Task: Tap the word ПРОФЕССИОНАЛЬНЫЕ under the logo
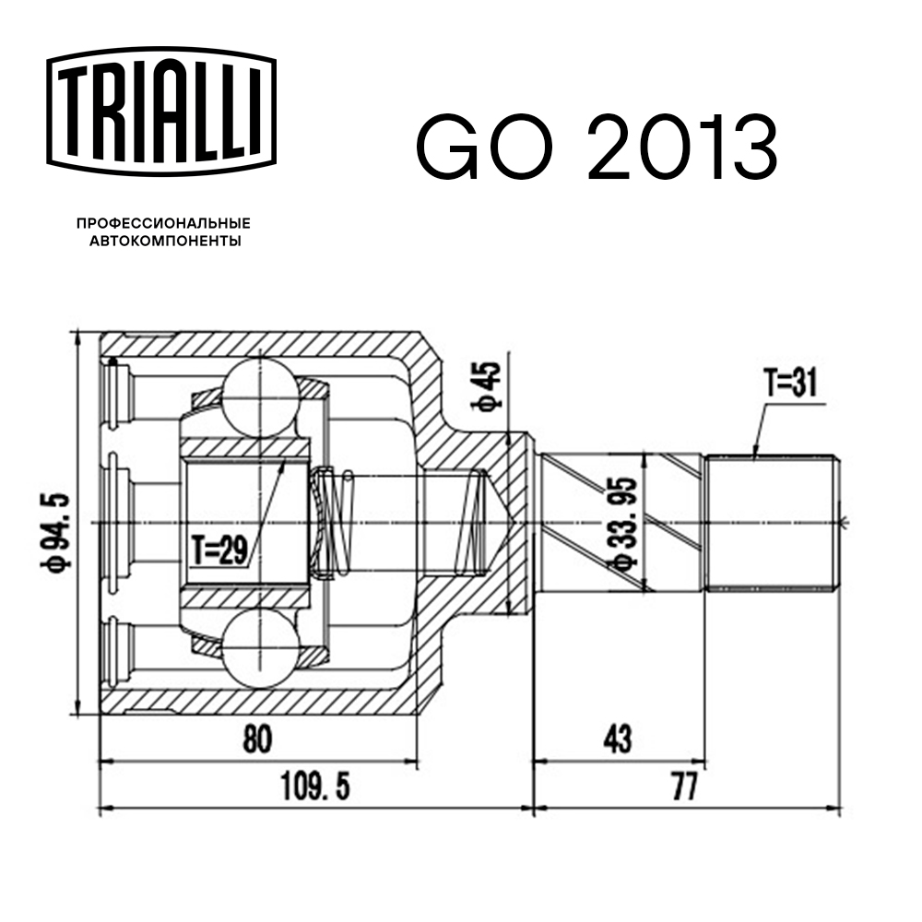(164, 223)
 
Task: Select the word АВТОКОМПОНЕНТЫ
(164, 242)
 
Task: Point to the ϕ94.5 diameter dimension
(56, 524)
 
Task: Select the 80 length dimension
(259, 739)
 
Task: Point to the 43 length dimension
(619, 739)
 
